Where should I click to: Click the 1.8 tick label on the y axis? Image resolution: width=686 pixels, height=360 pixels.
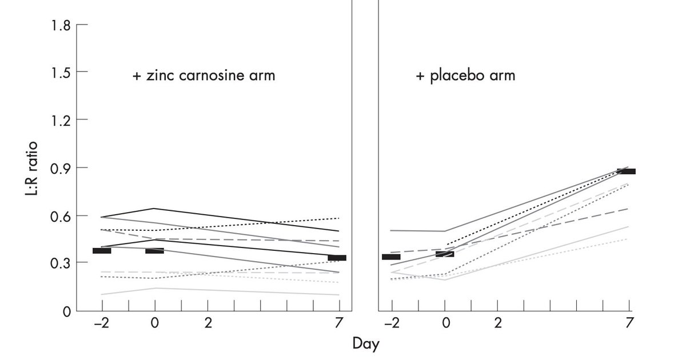61,25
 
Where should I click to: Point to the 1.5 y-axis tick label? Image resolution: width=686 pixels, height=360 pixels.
61,72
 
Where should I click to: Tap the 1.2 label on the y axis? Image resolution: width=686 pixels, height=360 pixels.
61,120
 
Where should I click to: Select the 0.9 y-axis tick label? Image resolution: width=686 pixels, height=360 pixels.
61,168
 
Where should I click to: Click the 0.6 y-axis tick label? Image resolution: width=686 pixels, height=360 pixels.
61,216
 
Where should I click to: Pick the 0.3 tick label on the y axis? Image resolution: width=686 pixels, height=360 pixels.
61,263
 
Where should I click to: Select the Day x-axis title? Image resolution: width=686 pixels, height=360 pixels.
365,344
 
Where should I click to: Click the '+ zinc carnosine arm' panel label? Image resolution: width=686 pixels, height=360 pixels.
204,75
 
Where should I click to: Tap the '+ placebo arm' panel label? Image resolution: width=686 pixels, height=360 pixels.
465,75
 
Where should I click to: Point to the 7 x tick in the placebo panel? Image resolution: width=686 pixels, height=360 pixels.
629,323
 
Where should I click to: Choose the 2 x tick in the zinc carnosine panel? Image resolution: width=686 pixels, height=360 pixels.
208,323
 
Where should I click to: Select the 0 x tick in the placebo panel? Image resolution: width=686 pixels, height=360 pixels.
446,323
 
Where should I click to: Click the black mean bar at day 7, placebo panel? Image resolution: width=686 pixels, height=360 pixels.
626,171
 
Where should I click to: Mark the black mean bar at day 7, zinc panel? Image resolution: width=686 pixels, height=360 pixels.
337,258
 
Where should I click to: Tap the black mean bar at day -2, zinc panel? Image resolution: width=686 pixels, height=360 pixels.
102,251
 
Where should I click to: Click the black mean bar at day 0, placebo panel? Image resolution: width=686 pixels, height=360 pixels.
445,254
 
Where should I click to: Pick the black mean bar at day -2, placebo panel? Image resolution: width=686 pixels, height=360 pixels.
391,257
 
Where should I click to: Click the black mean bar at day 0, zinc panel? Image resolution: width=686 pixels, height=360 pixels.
154,251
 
